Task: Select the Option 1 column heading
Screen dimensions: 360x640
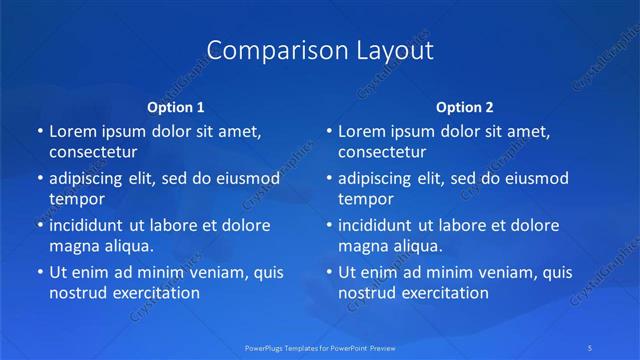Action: tap(176, 106)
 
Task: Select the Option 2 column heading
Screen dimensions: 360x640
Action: tap(465, 106)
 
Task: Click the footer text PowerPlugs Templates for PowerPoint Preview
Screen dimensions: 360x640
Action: tap(319, 348)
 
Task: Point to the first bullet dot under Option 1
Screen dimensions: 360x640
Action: tap(39, 131)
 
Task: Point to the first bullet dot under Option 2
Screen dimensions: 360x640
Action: tap(328, 131)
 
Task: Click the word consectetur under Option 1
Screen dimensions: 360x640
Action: tap(93, 153)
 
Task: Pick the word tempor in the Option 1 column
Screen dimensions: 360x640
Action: tap(76, 199)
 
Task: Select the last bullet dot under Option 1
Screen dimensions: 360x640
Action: tap(39, 272)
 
